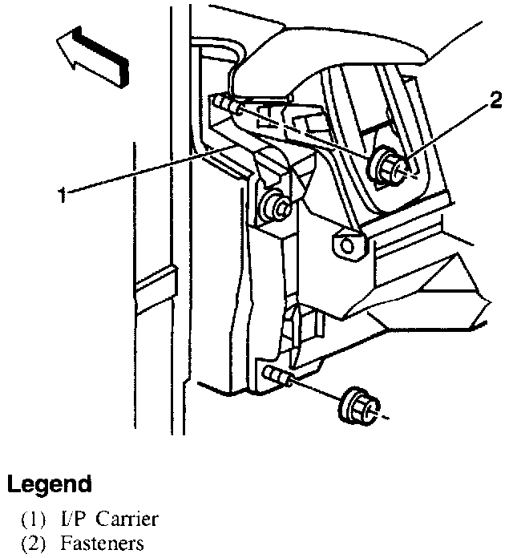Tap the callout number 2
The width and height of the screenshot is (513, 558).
(x=496, y=101)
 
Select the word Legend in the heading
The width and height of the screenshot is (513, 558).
(x=49, y=484)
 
